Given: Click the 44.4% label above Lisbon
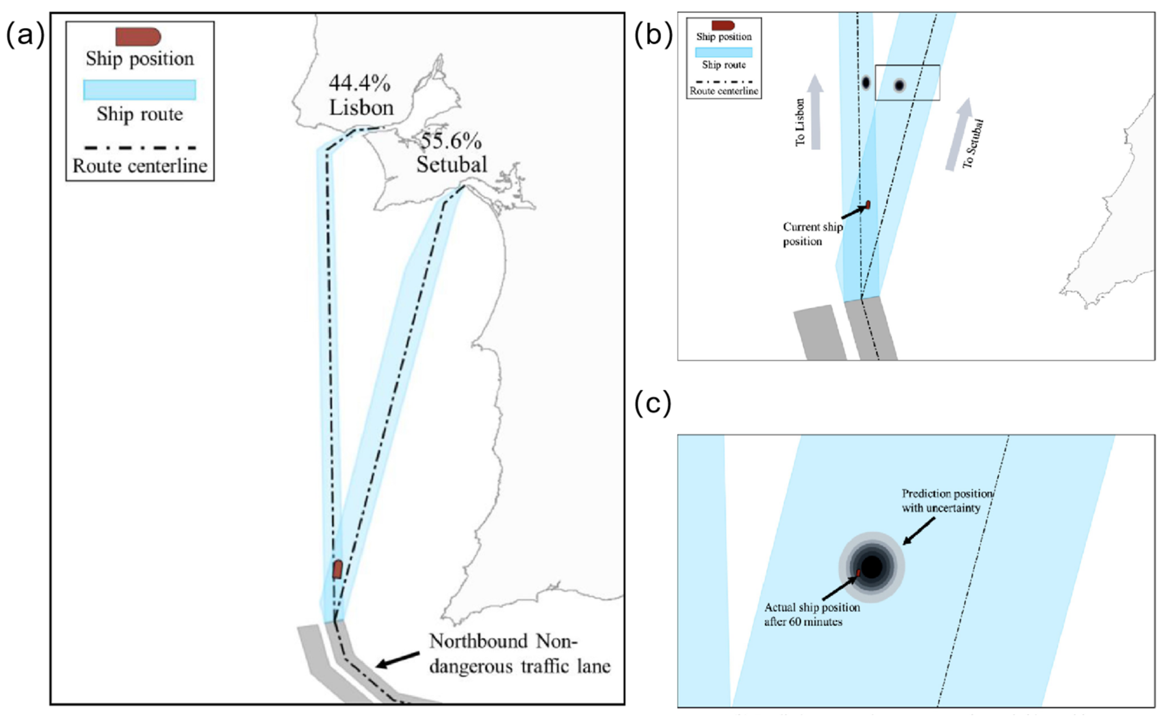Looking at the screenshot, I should tap(359, 83).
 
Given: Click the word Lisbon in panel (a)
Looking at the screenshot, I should tap(362, 108).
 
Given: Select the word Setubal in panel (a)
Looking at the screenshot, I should tap(452, 165).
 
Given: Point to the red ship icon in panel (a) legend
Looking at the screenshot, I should tap(138, 37).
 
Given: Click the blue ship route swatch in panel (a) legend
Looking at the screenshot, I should tap(140, 90).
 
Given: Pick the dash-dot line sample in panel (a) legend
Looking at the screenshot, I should tap(140, 148).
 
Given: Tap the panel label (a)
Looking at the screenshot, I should tap(25, 36).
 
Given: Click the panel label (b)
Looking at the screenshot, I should tap(652, 36).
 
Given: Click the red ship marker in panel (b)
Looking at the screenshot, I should tap(867, 205).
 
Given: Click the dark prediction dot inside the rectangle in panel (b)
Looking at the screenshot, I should tap(899, 86).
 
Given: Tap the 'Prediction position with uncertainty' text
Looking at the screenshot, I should tap(947, 501).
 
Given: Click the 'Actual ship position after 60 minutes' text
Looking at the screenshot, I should tap(812, 614).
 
